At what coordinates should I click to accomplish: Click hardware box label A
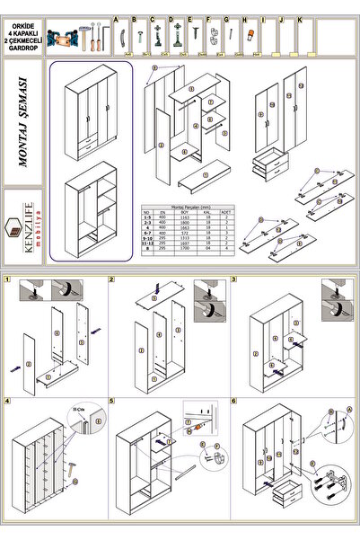(116, 18)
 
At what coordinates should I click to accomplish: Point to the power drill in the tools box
(62, 35)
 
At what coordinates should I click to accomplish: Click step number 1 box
(7, 279)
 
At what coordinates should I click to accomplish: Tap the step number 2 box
(111, 279)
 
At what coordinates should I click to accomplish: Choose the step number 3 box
(233, 279)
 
